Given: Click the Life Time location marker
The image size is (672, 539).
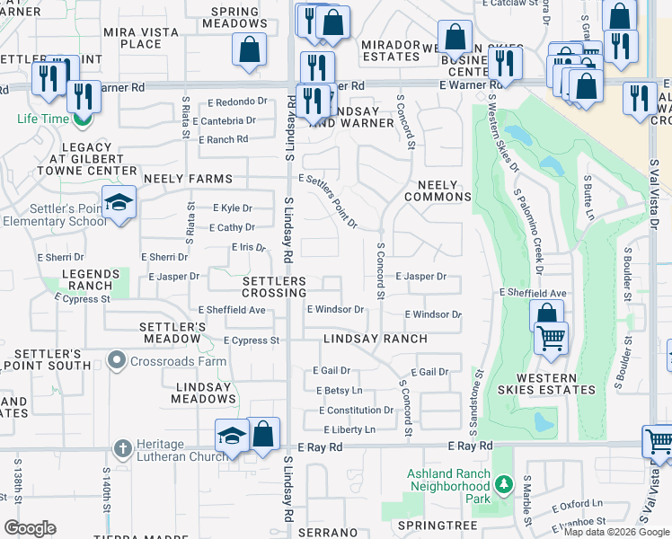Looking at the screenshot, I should click(83, 118).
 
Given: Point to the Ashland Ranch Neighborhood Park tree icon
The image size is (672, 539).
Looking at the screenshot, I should click(504, 485).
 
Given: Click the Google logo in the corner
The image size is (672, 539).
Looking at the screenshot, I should click(30, 528).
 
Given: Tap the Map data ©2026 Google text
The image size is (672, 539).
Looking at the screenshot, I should click(616, 532).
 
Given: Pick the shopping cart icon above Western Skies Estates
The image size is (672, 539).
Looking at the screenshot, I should click(550, 339).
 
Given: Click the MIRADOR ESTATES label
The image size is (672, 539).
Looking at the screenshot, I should click(391, 49).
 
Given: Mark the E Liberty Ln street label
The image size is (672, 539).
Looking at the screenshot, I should click(346, 429).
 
